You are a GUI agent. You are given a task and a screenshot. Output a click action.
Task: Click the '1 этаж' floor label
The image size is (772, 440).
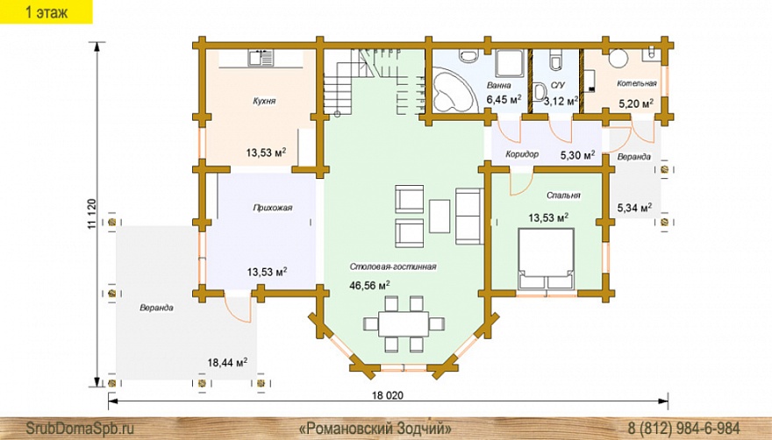click(x=46, y=11)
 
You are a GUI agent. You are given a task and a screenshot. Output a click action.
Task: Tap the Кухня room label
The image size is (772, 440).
click(x=264, y=101)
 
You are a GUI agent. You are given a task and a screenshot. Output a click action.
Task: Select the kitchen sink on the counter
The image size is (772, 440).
click(x=261, y=59)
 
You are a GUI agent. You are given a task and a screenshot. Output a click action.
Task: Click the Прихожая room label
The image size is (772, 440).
click(x=273, y=208)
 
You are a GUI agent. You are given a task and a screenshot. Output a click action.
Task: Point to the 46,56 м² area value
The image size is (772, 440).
click(x=369, y=285)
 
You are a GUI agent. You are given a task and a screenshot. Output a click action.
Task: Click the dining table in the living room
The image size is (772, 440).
click(x=404, y=323)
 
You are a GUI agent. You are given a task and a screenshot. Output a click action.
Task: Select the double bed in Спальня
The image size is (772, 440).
click(x=546, y=259)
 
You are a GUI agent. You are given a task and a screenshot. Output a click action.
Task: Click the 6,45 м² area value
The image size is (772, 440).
click(x=504, y=99)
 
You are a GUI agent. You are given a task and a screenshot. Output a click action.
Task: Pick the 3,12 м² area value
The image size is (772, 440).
click(x=561, y=102)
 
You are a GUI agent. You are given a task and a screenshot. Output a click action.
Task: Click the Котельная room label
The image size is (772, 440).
click(x=637, y=83)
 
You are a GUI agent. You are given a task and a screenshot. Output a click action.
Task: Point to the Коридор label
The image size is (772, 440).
click(x=522, y=154)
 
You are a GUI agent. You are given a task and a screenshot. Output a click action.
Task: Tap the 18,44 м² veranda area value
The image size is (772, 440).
click(x=227, y=363)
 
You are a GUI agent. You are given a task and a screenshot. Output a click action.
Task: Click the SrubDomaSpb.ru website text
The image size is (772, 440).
click(x=79, y=427)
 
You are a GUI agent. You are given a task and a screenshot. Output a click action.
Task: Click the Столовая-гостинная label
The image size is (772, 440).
click(x=393, y=266)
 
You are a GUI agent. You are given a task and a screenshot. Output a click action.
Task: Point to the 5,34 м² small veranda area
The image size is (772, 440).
click(x=634, y=209)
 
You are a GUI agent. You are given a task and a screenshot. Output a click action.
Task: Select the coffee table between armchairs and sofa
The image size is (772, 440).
click(x=440, y=216)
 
